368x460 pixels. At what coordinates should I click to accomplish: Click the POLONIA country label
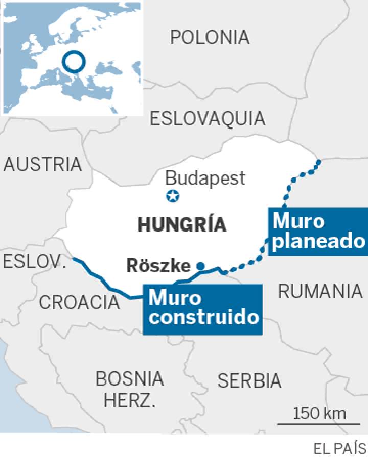tap(210, 37)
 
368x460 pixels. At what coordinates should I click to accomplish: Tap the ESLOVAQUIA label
tap(208, 119)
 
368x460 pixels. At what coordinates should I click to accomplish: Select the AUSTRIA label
tap(43, 164)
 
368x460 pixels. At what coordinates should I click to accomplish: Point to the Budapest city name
tap(205, 178)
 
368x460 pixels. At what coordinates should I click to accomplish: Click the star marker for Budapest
tap(173, 195)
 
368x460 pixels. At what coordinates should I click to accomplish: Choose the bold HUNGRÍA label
tap(182, 225)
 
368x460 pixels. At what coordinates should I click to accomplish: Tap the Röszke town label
tap(158, 266)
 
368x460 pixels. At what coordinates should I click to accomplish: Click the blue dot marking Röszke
tap(201, 266)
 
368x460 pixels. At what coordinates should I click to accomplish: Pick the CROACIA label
tap(79, 302)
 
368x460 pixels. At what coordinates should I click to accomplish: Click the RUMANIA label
tap(320, 291)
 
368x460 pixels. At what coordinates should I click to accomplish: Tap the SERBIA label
tap(249, 380)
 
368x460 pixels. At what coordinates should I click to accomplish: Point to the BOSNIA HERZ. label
tap(130, 389)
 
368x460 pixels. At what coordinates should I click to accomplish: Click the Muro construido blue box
tap(202, 309)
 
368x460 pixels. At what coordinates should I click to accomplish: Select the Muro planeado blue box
tap(317, 232)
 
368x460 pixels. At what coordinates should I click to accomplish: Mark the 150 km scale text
tap(319, 413)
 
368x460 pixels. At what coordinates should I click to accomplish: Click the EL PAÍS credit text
tap(339, 448)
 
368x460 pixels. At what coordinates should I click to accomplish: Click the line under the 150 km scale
tap(312, 423)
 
